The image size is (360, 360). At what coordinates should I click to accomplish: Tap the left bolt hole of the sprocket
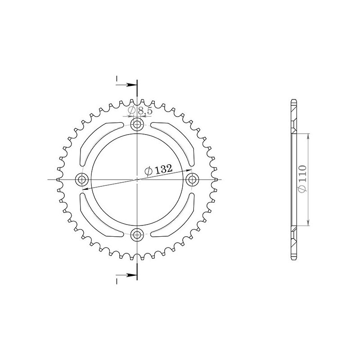82,180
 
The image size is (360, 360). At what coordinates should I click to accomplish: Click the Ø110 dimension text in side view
302,180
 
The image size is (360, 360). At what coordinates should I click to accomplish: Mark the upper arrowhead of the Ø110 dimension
308,136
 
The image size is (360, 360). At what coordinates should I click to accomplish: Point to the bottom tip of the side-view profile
294,259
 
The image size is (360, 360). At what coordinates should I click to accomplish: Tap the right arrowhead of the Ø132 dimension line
189,170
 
